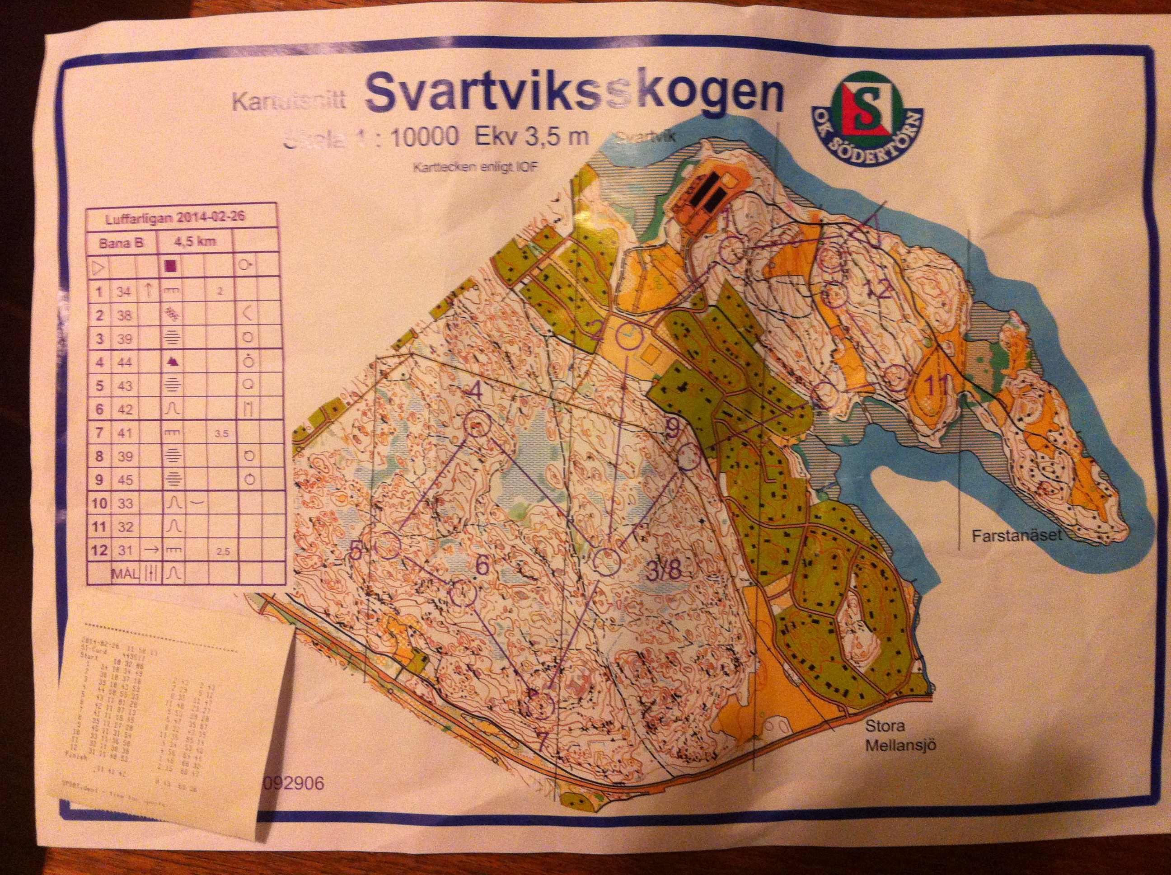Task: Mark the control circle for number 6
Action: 463,593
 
